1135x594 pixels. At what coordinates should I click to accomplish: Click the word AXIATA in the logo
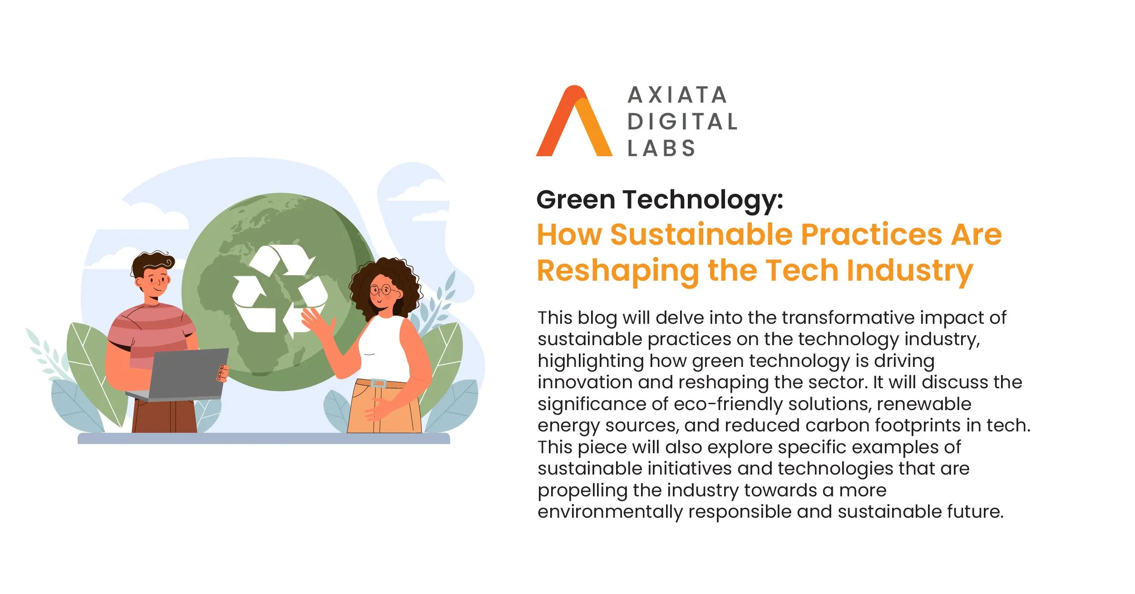point(677,95)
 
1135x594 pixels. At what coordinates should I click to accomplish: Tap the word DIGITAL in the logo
point(682,122)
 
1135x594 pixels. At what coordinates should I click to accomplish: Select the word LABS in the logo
point(661,148)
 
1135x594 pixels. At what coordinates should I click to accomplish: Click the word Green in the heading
point(576,200)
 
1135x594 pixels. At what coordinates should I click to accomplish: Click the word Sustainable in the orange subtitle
point(701,235)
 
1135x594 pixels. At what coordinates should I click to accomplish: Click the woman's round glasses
point(383,290)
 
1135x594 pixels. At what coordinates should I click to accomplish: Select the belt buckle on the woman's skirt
point(378,383)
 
